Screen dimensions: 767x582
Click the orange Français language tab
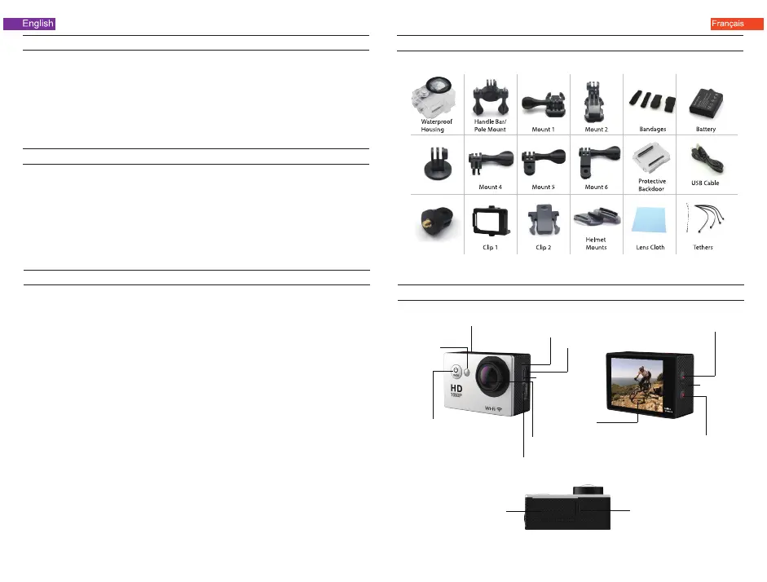tap(727, 24)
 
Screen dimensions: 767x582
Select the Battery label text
tap(706, 129)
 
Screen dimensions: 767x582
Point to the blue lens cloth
tap(650, 223)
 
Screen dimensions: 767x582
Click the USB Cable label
tap(706, 183)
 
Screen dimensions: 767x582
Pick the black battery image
tap(706, 100)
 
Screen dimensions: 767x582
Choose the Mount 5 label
tap(542, 187)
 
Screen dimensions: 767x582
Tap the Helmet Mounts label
tap(596, 243)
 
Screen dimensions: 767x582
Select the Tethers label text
tap(706, 247)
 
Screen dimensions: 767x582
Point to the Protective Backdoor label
tap(651, 184)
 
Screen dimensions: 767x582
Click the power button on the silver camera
tap(456, 371)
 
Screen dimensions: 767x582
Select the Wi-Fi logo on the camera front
tap(492, 408)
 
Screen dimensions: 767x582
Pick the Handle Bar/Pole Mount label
tap(490, 126)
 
